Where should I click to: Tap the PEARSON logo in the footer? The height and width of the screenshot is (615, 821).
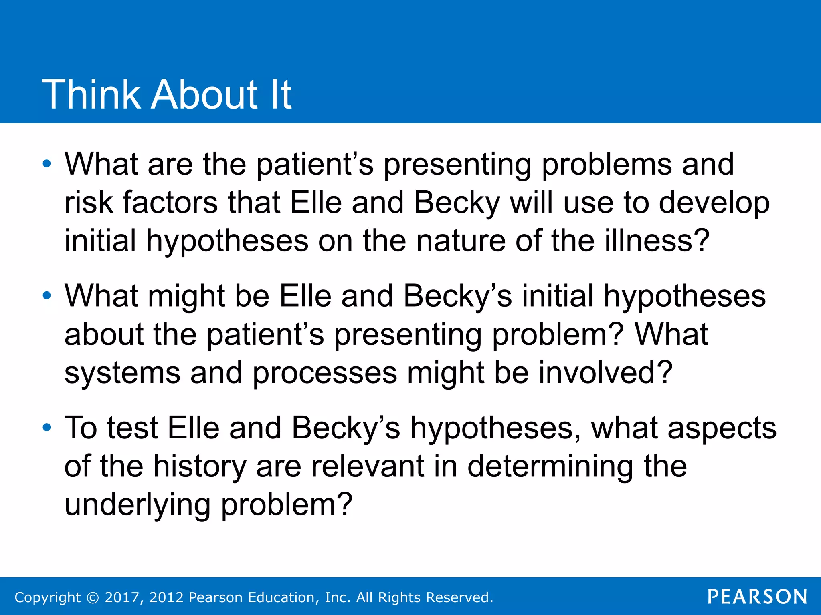pos(757,597)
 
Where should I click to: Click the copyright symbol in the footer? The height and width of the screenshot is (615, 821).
pos(93,597)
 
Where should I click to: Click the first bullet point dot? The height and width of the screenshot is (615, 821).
pos(47,164)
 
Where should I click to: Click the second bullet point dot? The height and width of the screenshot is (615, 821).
pos(47,296)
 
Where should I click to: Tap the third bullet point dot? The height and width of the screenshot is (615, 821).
pos(47,428)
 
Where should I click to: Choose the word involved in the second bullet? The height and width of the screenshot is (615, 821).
pos(605,372)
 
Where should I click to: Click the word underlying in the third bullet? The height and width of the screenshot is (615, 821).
pos(138,505)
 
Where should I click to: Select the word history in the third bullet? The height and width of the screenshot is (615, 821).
pos(200,467)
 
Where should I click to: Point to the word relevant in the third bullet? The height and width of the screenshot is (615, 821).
pos(367,466)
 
